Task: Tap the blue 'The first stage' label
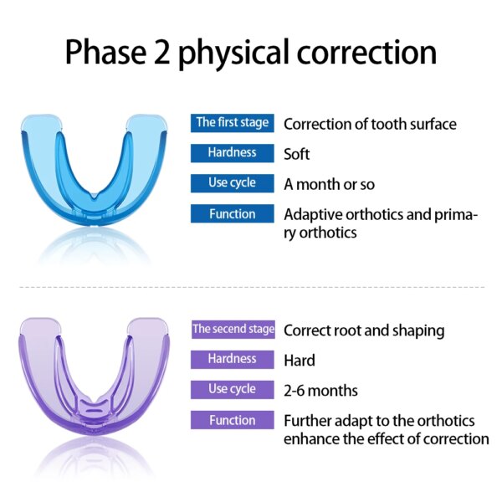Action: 232,123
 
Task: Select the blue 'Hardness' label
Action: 232,153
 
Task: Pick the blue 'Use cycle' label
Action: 232,183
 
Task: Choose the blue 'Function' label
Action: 232,214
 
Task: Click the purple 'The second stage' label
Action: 232,330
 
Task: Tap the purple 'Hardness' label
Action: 232,359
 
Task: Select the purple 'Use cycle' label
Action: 232,390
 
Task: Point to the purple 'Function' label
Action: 232,420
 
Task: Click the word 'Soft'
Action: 296,154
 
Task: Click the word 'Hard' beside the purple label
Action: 299,361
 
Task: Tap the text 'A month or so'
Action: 329,184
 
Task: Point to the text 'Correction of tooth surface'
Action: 370,124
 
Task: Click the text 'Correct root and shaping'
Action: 364,330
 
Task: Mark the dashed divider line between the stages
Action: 251,287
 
